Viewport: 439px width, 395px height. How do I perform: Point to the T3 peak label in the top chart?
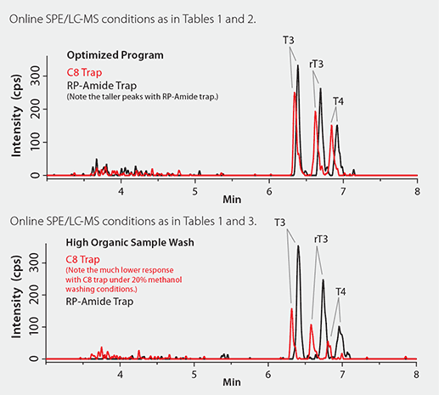290,41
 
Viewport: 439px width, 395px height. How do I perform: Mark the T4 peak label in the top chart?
338,102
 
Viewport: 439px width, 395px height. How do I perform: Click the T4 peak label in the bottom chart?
340,291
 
